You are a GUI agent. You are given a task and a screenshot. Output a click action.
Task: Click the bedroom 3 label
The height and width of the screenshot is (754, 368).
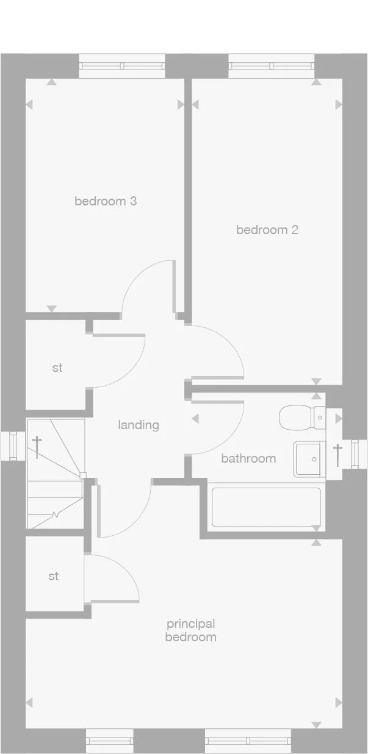[105, 201]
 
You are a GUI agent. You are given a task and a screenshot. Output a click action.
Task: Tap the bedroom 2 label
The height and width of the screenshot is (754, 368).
[267, 230]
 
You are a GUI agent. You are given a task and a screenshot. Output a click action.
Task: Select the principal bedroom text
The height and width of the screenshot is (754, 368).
[190, 630]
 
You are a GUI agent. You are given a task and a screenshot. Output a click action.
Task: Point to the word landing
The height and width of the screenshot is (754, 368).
[139, 425]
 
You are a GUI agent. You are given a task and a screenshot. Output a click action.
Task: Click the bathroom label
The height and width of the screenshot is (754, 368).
[248, 458]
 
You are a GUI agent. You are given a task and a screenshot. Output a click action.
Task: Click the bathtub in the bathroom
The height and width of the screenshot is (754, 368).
[266, 507]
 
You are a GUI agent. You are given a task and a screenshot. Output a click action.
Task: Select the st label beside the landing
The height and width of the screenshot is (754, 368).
[57, 368]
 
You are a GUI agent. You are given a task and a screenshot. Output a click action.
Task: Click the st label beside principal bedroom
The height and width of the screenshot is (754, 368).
[54, 576]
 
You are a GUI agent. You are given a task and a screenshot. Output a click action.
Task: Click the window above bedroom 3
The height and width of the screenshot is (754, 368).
[122, 66]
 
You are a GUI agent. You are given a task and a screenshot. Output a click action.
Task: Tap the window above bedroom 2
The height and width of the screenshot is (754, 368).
[271, 66]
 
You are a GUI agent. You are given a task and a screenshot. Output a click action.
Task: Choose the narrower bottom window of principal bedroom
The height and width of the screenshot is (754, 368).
[109, 741]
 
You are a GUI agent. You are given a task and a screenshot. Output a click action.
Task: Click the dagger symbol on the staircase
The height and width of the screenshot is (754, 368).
[37, 447]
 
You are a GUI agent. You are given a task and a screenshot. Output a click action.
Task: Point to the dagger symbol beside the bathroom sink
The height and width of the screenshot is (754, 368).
[337, 455]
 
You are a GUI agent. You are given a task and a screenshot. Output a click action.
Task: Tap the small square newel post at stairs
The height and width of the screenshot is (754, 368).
[83, 475]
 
